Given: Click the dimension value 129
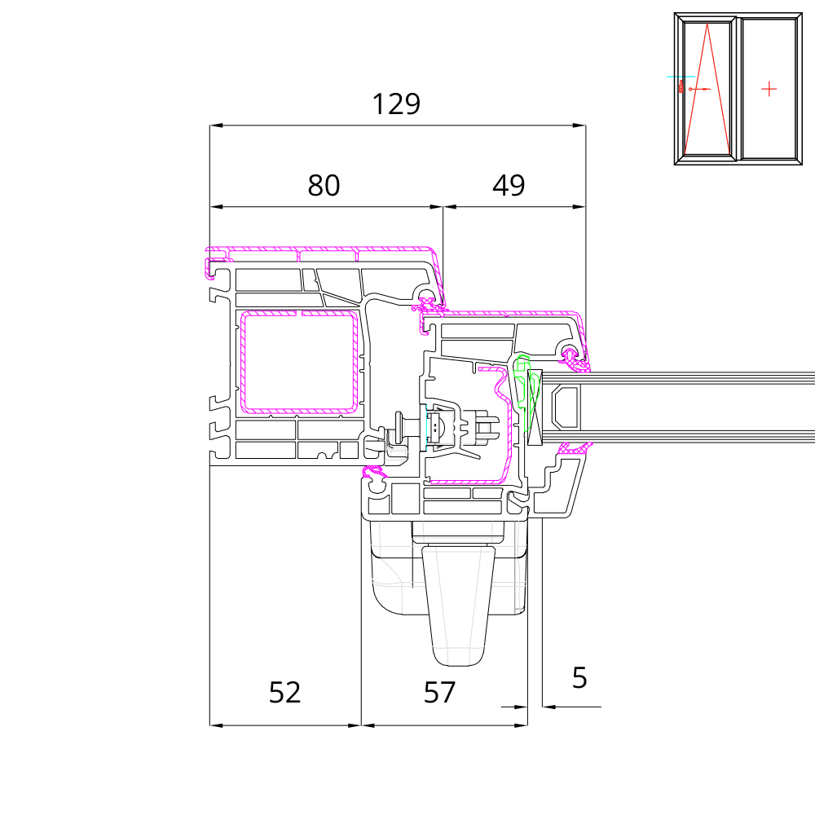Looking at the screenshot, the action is click(x=396, y=104).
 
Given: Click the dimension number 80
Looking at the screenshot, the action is click(x=324, y=185).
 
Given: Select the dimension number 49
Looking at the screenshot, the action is click(x=509, y=185).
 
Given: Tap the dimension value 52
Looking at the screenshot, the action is click(x=284, y=692).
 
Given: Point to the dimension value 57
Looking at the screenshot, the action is click(x=439, y=692).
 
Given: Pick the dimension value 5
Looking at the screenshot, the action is click(x=579, y=678).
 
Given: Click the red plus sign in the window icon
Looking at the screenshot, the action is click(x=769, y=90).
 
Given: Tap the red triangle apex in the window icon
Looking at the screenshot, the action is click(x=707, y=24).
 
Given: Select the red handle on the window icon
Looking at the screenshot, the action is click(x=681, y=86).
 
